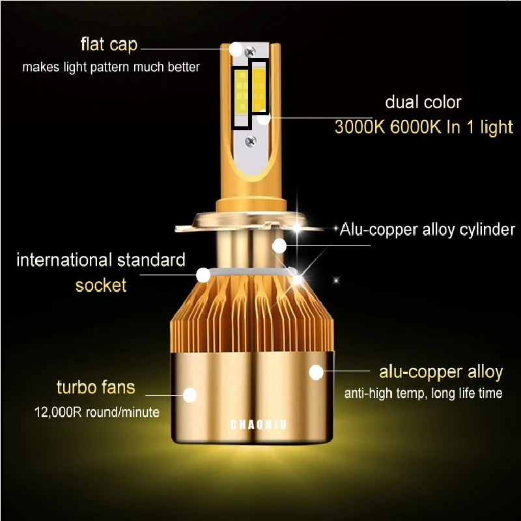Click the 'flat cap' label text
coord(109,44)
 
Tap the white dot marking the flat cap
coord(236,49)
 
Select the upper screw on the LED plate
coord(250,51)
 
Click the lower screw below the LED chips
coord(251,141)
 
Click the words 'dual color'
coord(423,102)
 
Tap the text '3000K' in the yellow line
coord(359,126)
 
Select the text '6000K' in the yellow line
coord(415,126)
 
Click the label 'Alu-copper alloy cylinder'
coord(427,230)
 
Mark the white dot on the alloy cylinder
coord(279,246)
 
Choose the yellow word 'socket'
coord(101,285)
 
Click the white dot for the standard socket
coord(203,275)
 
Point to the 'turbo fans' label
coord(96,387)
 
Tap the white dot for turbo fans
coord(190,395)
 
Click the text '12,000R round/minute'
coord(96,412)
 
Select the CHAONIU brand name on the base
coord(258,425)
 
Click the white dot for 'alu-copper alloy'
coord(316,373)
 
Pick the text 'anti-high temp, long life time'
coord(423,393)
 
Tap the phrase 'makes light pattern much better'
coord(111,67)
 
